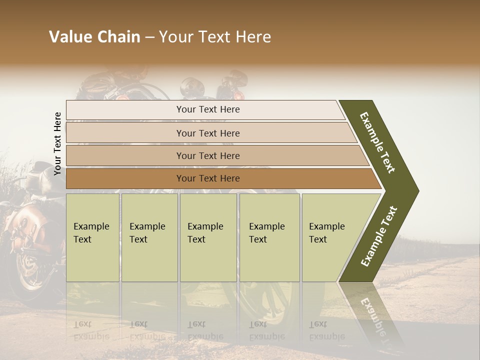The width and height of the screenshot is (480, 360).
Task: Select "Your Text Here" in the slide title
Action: pyautogui.click(x=215, y=37)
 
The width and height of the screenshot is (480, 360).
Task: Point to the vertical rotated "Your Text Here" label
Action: pyautogui.click(x=57, y=143)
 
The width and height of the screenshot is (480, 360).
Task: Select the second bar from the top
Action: pyautogui.click(x=207, y=133)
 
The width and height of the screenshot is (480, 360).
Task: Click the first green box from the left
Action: pyautogui.click(x=92, y=237)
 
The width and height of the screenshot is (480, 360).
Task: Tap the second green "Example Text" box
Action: pyautogui.click(x=149, y=237)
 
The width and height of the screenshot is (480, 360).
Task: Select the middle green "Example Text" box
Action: pyautogui.click(x=208, y=237)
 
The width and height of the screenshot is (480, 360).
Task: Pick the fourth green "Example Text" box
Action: pyautogui.click(x=269, y=237)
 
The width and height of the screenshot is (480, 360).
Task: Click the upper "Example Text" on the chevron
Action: pyautogui.click(x=377, y=142)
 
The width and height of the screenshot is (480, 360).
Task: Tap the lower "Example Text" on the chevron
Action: pyautogui.click(x=379, y=236)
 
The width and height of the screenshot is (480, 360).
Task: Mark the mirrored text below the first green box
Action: pyautogui.click(x=91, y=330)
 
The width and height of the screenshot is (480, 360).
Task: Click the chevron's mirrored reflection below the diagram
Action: pyautogui.click(x=372, y=315)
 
